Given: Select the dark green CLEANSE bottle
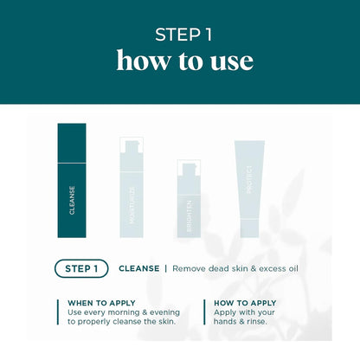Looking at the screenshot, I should [72, 180].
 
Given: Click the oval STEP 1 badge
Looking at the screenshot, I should [81, 268].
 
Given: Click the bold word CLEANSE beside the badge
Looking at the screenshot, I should [138, 268].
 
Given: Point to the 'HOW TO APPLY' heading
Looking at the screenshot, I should [245, 303].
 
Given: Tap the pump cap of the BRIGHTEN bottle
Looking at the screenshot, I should [189, 168].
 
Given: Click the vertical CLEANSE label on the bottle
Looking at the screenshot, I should [72, 199].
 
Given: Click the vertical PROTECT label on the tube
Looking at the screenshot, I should [247, 180].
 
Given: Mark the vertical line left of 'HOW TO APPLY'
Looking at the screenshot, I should [205, 312].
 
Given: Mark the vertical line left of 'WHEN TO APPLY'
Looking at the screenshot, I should [59, 312].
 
